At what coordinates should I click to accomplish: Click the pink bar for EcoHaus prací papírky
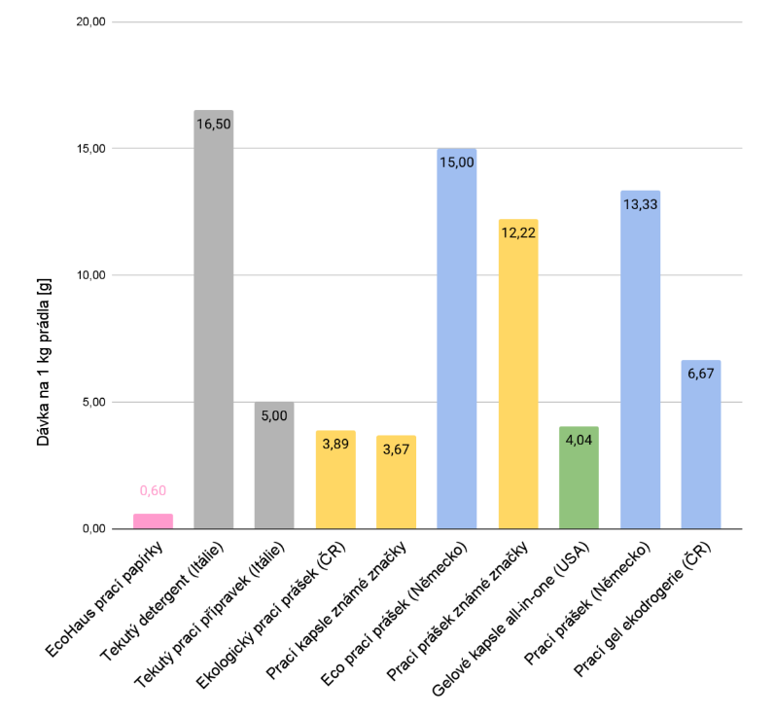tap(153, 521)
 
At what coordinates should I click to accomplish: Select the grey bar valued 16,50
tap(214, 321)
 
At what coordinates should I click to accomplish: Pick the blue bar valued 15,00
tap(457, 340)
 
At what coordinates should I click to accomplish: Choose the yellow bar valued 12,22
tap(517, 375)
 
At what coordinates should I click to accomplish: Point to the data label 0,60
tap(153, 490)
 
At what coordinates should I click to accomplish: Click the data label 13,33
tap(640, 204)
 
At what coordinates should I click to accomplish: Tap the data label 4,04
tap(579, 441)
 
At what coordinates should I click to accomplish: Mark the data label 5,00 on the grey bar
tap(274, 415)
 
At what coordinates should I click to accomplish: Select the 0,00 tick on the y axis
tap(92, 529)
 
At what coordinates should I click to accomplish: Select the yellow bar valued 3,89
tap(335, 481)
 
